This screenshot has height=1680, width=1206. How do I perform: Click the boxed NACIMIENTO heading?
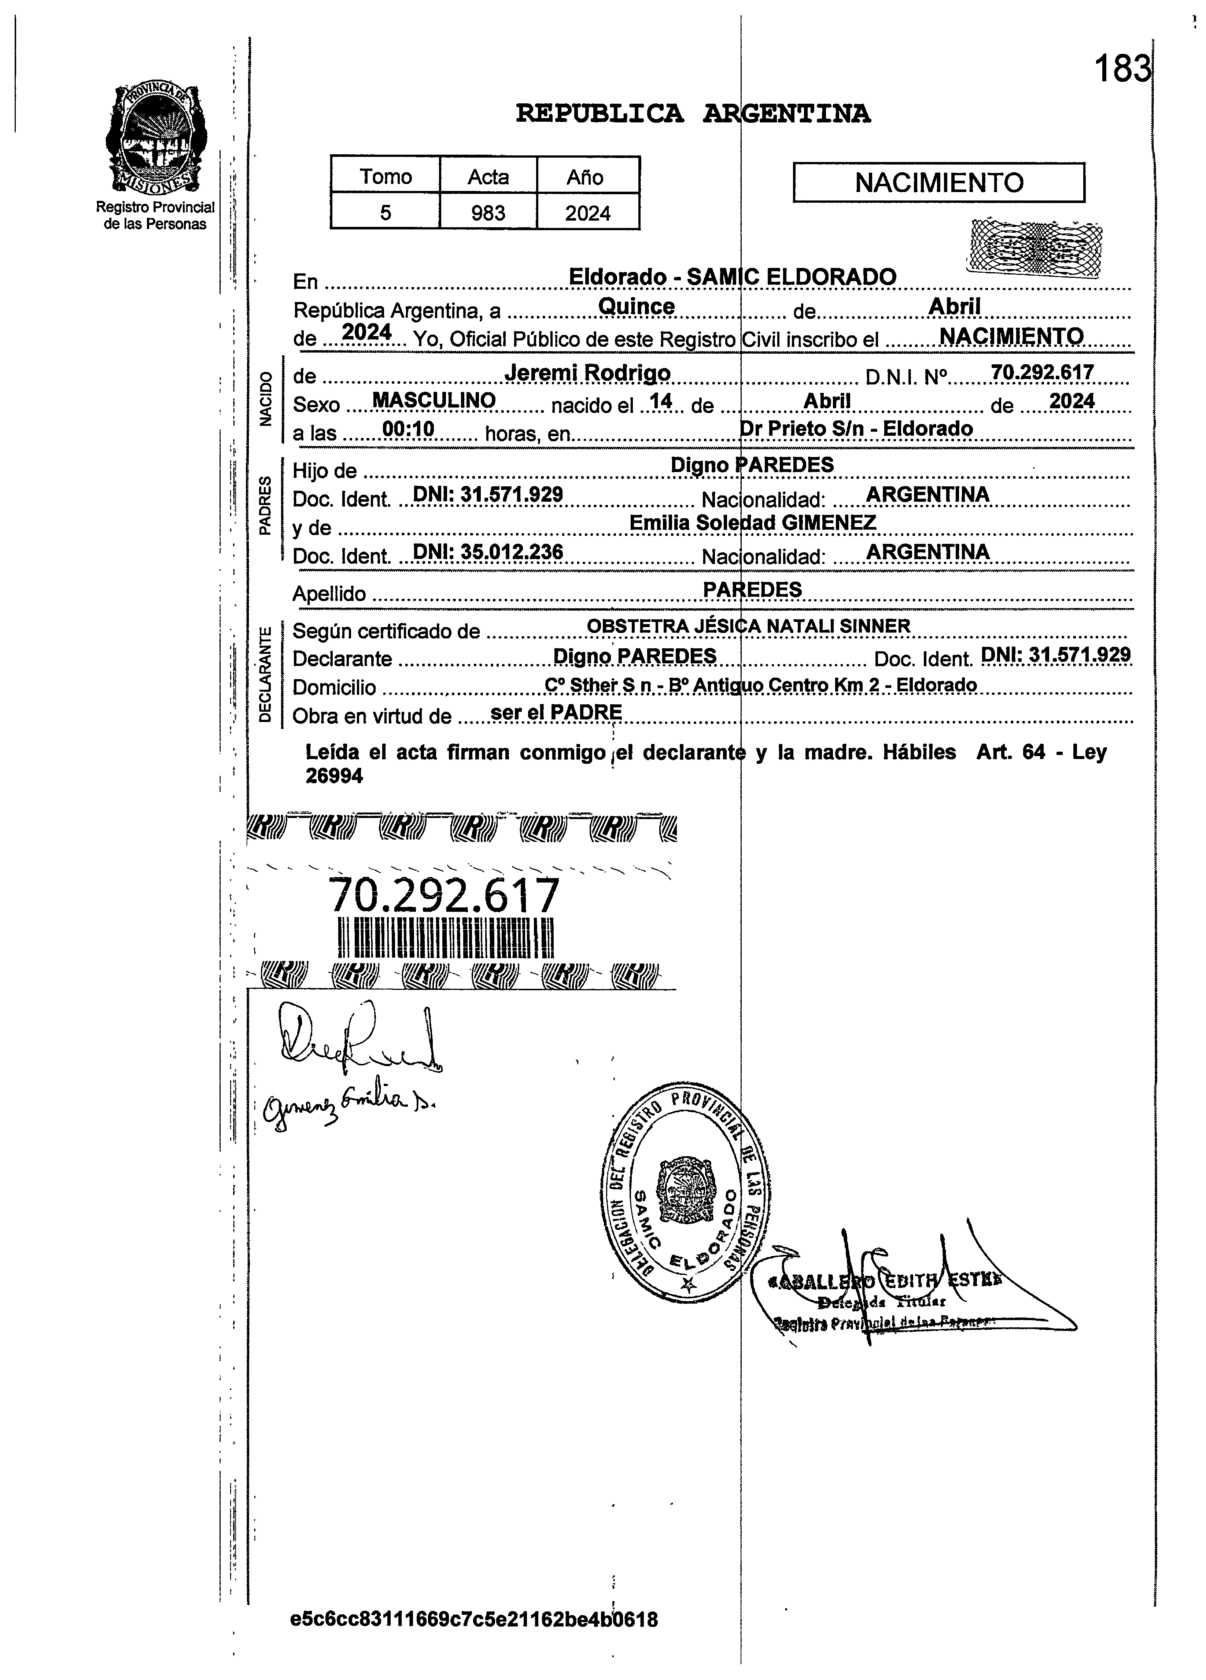click(x=938, y=182)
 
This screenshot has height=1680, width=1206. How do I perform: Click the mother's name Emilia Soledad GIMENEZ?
click(x=752, y=522)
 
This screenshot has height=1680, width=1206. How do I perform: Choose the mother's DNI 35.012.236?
click(x=487, y=551)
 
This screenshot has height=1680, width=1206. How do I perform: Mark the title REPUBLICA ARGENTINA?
click(x=693, y=113)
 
